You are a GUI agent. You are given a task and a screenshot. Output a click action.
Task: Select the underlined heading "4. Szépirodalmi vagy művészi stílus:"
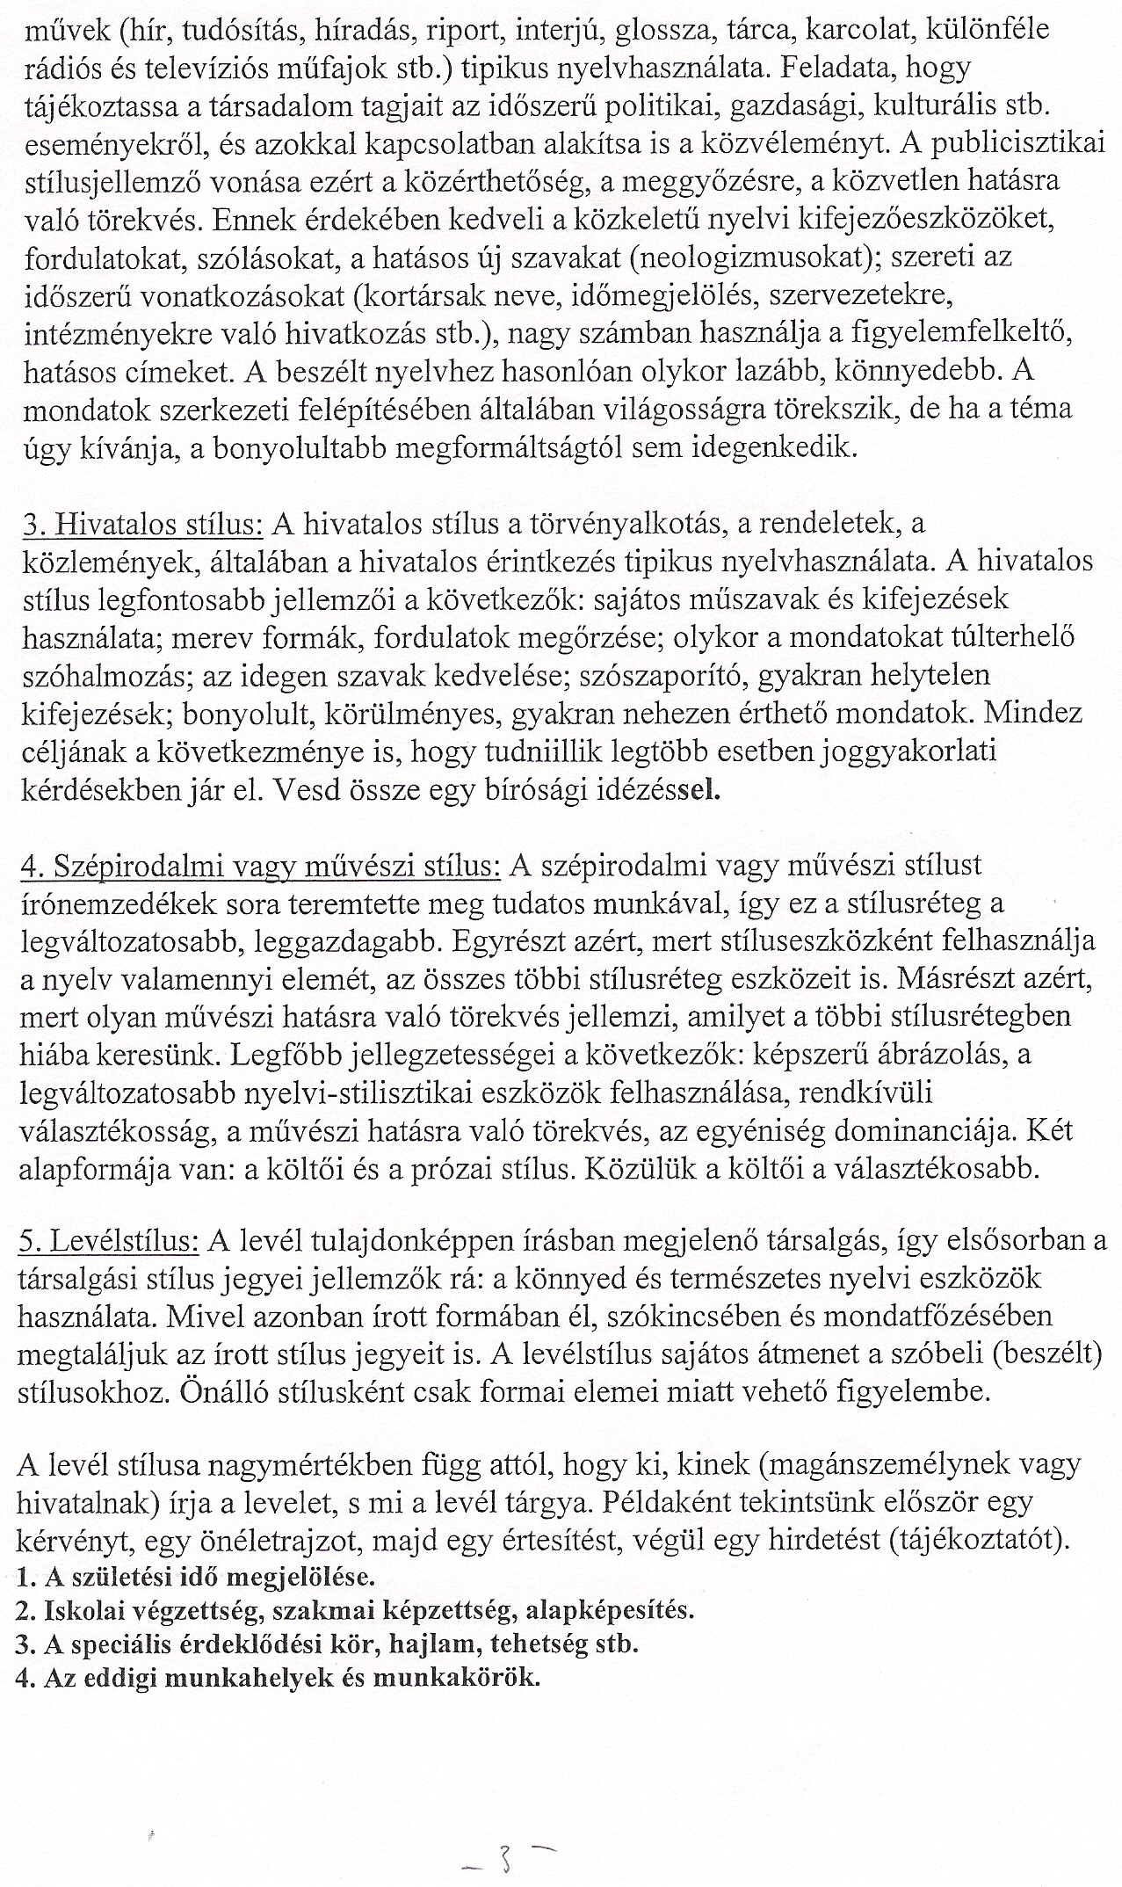[259, 867]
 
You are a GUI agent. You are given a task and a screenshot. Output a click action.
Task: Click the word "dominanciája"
[933, 1131]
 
